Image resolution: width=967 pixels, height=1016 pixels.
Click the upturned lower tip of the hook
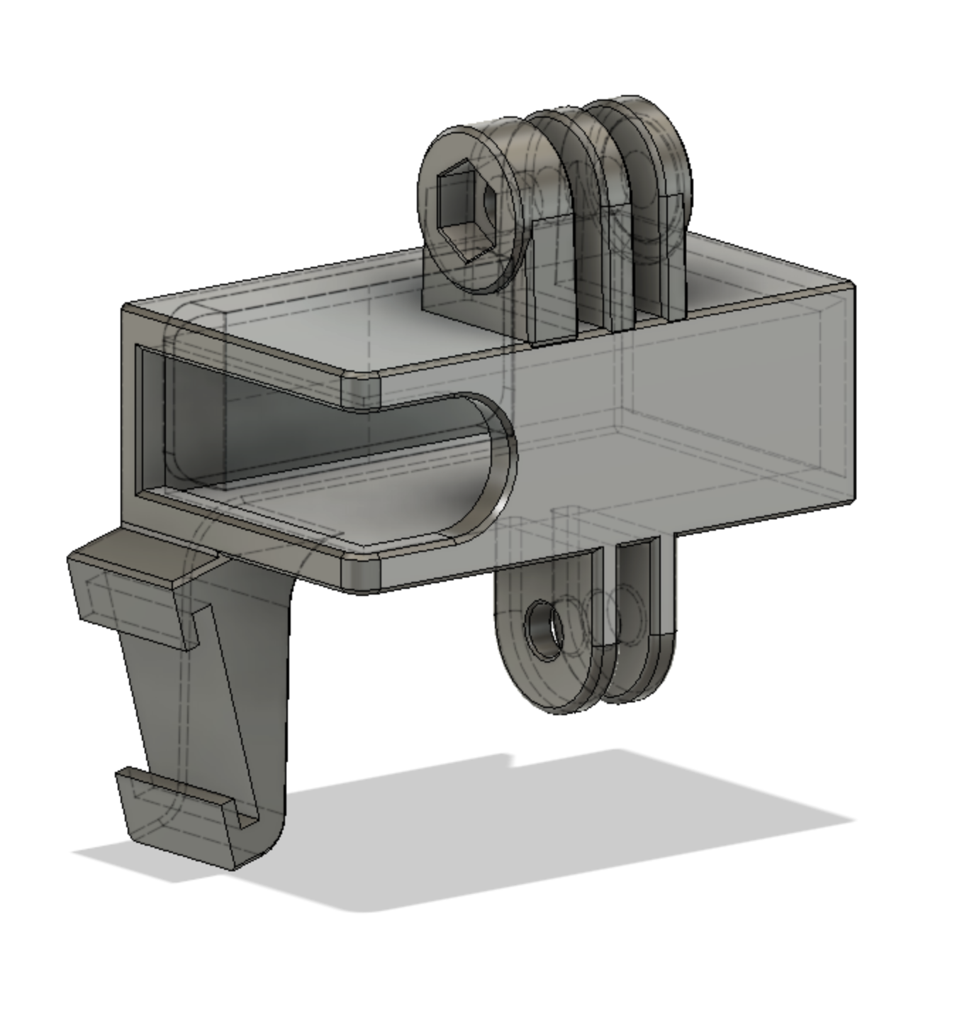click(177, 816)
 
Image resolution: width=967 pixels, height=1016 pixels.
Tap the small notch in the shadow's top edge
click(512, 761)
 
